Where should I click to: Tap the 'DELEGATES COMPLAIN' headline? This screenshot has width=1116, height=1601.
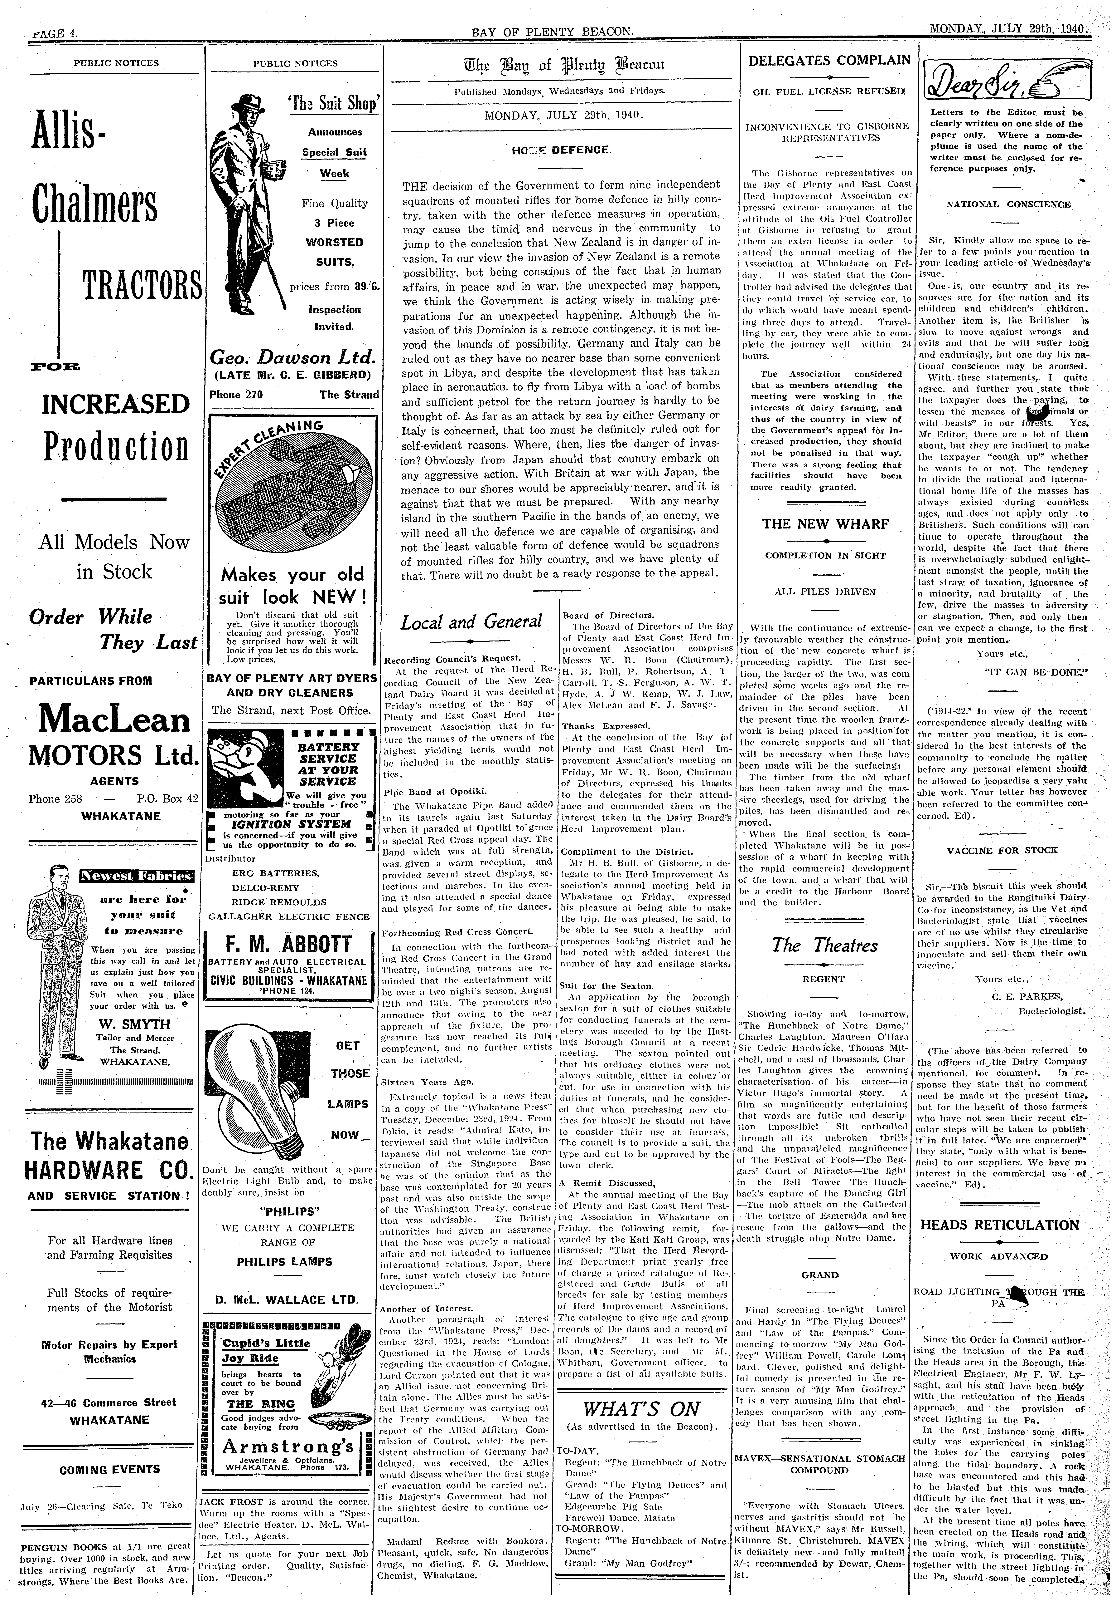829,60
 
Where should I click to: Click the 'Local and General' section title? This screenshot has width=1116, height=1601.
471,621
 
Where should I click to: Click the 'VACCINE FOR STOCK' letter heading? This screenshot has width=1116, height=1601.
1002,850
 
